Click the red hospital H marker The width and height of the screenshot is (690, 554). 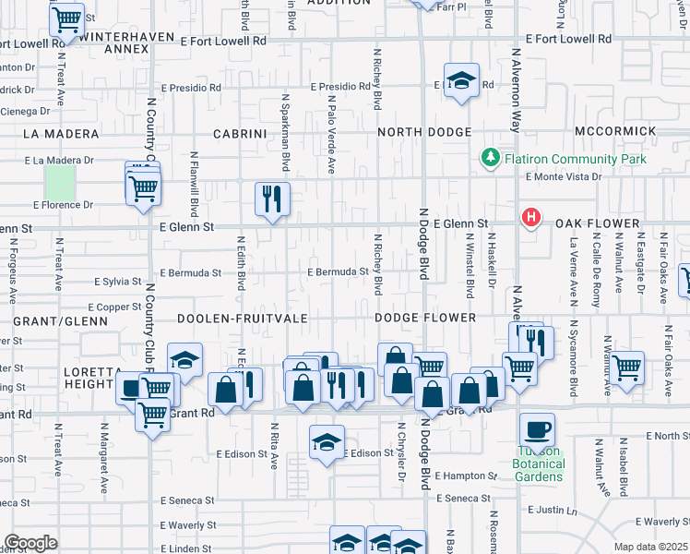(531, 219)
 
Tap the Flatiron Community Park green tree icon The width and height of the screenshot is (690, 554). (490, 160)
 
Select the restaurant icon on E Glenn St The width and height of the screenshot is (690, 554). (272, 199)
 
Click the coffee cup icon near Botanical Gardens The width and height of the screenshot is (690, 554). (537, 430)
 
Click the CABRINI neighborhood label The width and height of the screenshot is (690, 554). (240, 134)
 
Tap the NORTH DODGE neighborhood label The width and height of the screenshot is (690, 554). (424, 133)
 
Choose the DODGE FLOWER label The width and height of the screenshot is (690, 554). (425, 318)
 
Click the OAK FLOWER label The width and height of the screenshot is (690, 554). (597, 224)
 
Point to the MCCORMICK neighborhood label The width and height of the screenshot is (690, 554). (615, 133)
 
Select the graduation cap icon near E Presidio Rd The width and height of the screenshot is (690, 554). (461, 80)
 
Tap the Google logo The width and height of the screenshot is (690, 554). (30, 543)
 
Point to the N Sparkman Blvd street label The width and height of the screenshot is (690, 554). (286, 133)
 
